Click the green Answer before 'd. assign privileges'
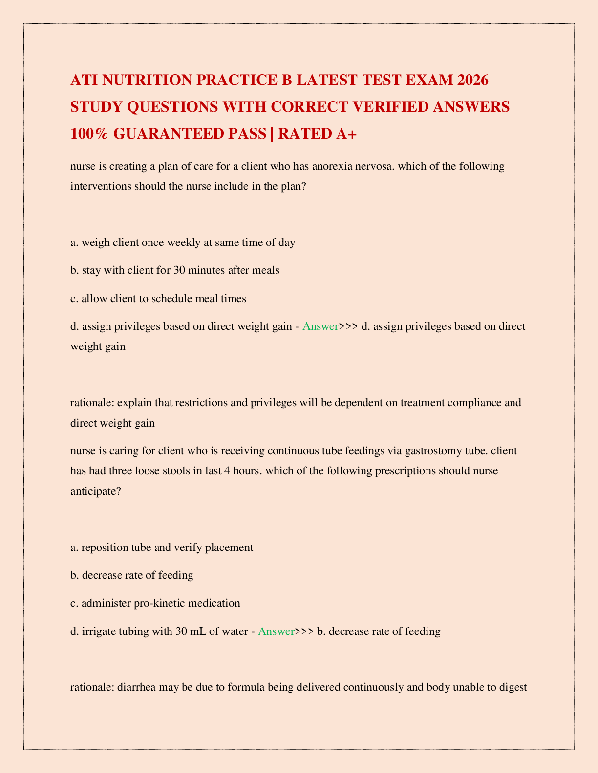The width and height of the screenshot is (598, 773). [320, 326]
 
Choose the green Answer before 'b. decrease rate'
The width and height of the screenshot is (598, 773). [276, 631]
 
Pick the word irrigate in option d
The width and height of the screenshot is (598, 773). [97, 631]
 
